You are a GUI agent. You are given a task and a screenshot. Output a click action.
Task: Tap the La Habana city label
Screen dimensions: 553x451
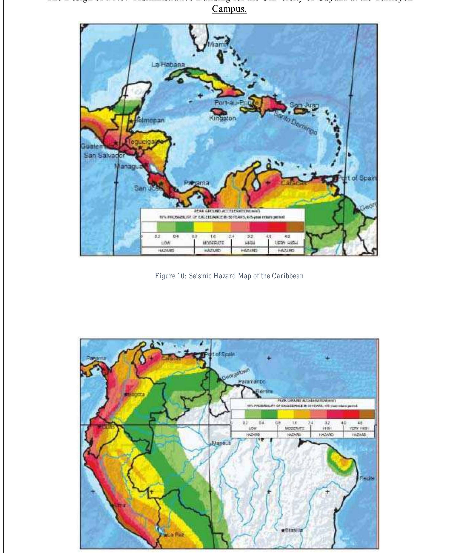(x=168, y=64)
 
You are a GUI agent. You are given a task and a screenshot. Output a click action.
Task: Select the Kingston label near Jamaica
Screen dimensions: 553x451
(x=222, y=118)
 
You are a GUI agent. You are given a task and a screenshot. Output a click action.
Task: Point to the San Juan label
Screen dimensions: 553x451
(x=304, y=105)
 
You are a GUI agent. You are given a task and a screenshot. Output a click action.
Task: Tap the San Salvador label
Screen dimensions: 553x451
(x=104, y=155)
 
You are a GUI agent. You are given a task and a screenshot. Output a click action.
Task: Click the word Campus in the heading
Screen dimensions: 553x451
(x=229, y=9)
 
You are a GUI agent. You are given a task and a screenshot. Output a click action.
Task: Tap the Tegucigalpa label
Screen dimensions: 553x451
(x=142, y=142)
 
